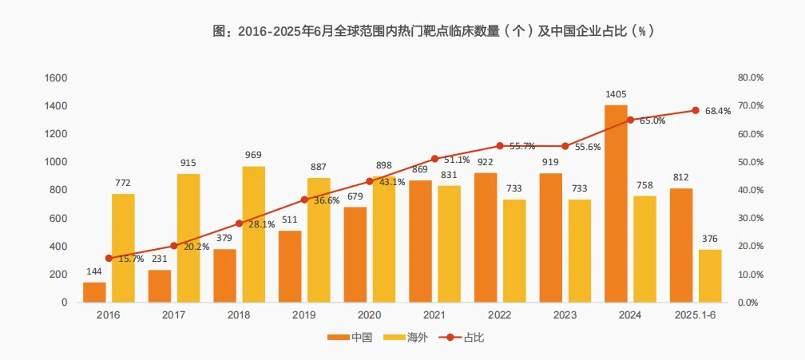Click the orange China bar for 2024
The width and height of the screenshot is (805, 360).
616,204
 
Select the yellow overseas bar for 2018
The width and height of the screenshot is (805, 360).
254,234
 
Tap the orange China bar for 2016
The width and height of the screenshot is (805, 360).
94,292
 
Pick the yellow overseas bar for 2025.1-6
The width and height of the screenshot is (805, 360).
710,276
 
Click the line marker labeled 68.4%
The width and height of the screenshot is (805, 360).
696,110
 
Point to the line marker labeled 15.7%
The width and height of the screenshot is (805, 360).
109,258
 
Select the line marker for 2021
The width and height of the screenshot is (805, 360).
435,159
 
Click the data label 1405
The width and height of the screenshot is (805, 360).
616,94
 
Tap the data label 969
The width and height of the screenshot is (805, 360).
254,155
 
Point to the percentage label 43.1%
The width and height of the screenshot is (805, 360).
391,182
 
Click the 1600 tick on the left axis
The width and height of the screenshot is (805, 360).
56,78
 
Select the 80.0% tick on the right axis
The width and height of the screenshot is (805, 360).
751,78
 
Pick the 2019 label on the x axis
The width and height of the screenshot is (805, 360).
304,315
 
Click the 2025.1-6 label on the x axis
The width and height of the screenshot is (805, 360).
696,315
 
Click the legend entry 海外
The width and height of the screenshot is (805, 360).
407,338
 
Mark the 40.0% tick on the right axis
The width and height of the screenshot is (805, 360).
751,190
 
